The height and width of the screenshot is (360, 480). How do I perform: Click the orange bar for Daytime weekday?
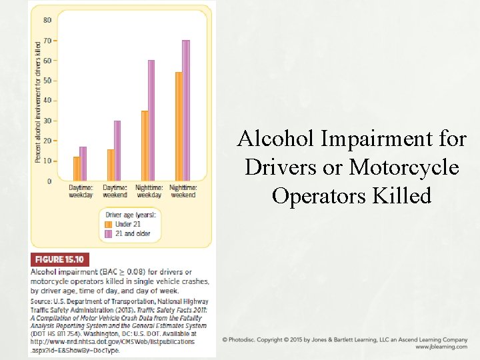point(77,169)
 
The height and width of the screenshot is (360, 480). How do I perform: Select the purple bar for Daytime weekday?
point(83,164)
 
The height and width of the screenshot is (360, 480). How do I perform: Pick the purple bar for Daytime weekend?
point(117,151)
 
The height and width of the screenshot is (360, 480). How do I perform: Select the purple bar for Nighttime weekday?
point(151,121)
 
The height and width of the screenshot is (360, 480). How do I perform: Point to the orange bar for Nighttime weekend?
point(179,126)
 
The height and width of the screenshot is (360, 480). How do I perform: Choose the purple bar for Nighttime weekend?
point(186,111)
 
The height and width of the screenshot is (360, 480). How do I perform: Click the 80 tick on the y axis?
point(47,20)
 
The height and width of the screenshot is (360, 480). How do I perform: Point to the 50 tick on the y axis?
point(47,81)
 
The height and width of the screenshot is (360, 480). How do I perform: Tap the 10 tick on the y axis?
point(47,161)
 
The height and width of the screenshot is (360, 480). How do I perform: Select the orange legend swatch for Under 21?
point(109,225)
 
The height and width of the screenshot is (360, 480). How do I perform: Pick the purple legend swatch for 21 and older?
point(109,234)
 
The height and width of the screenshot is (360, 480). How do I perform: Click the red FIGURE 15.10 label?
point(60,260)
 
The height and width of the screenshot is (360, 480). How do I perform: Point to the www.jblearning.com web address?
point(441,347)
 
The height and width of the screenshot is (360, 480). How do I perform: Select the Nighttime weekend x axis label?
point(183,191)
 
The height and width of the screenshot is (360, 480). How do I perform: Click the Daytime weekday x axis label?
point(81,191)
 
